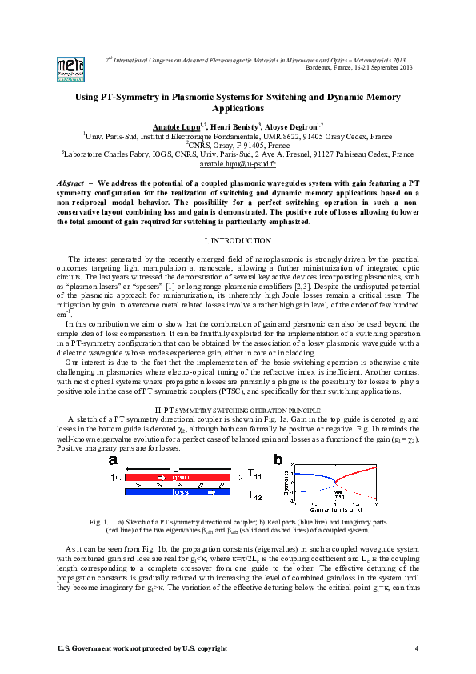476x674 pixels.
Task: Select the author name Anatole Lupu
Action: pos(176,126)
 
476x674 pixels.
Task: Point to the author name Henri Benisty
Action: pos(237,126)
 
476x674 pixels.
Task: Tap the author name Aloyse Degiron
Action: pos(294,126)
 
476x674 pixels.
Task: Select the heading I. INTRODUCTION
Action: pos(238,240)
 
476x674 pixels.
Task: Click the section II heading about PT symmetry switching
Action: pos(238,409)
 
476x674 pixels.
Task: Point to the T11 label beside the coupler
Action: pos(255,474)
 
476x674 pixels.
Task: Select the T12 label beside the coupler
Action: pos(255,497)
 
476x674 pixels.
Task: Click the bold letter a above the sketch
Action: pos(114,461)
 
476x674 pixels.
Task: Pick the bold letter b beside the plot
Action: pos(278,459)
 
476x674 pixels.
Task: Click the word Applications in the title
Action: pos(238,107)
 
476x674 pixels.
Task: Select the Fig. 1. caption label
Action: pos(98,522)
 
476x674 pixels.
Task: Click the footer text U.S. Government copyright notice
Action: pos(130,647)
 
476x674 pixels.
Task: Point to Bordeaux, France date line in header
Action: pos(359,66)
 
